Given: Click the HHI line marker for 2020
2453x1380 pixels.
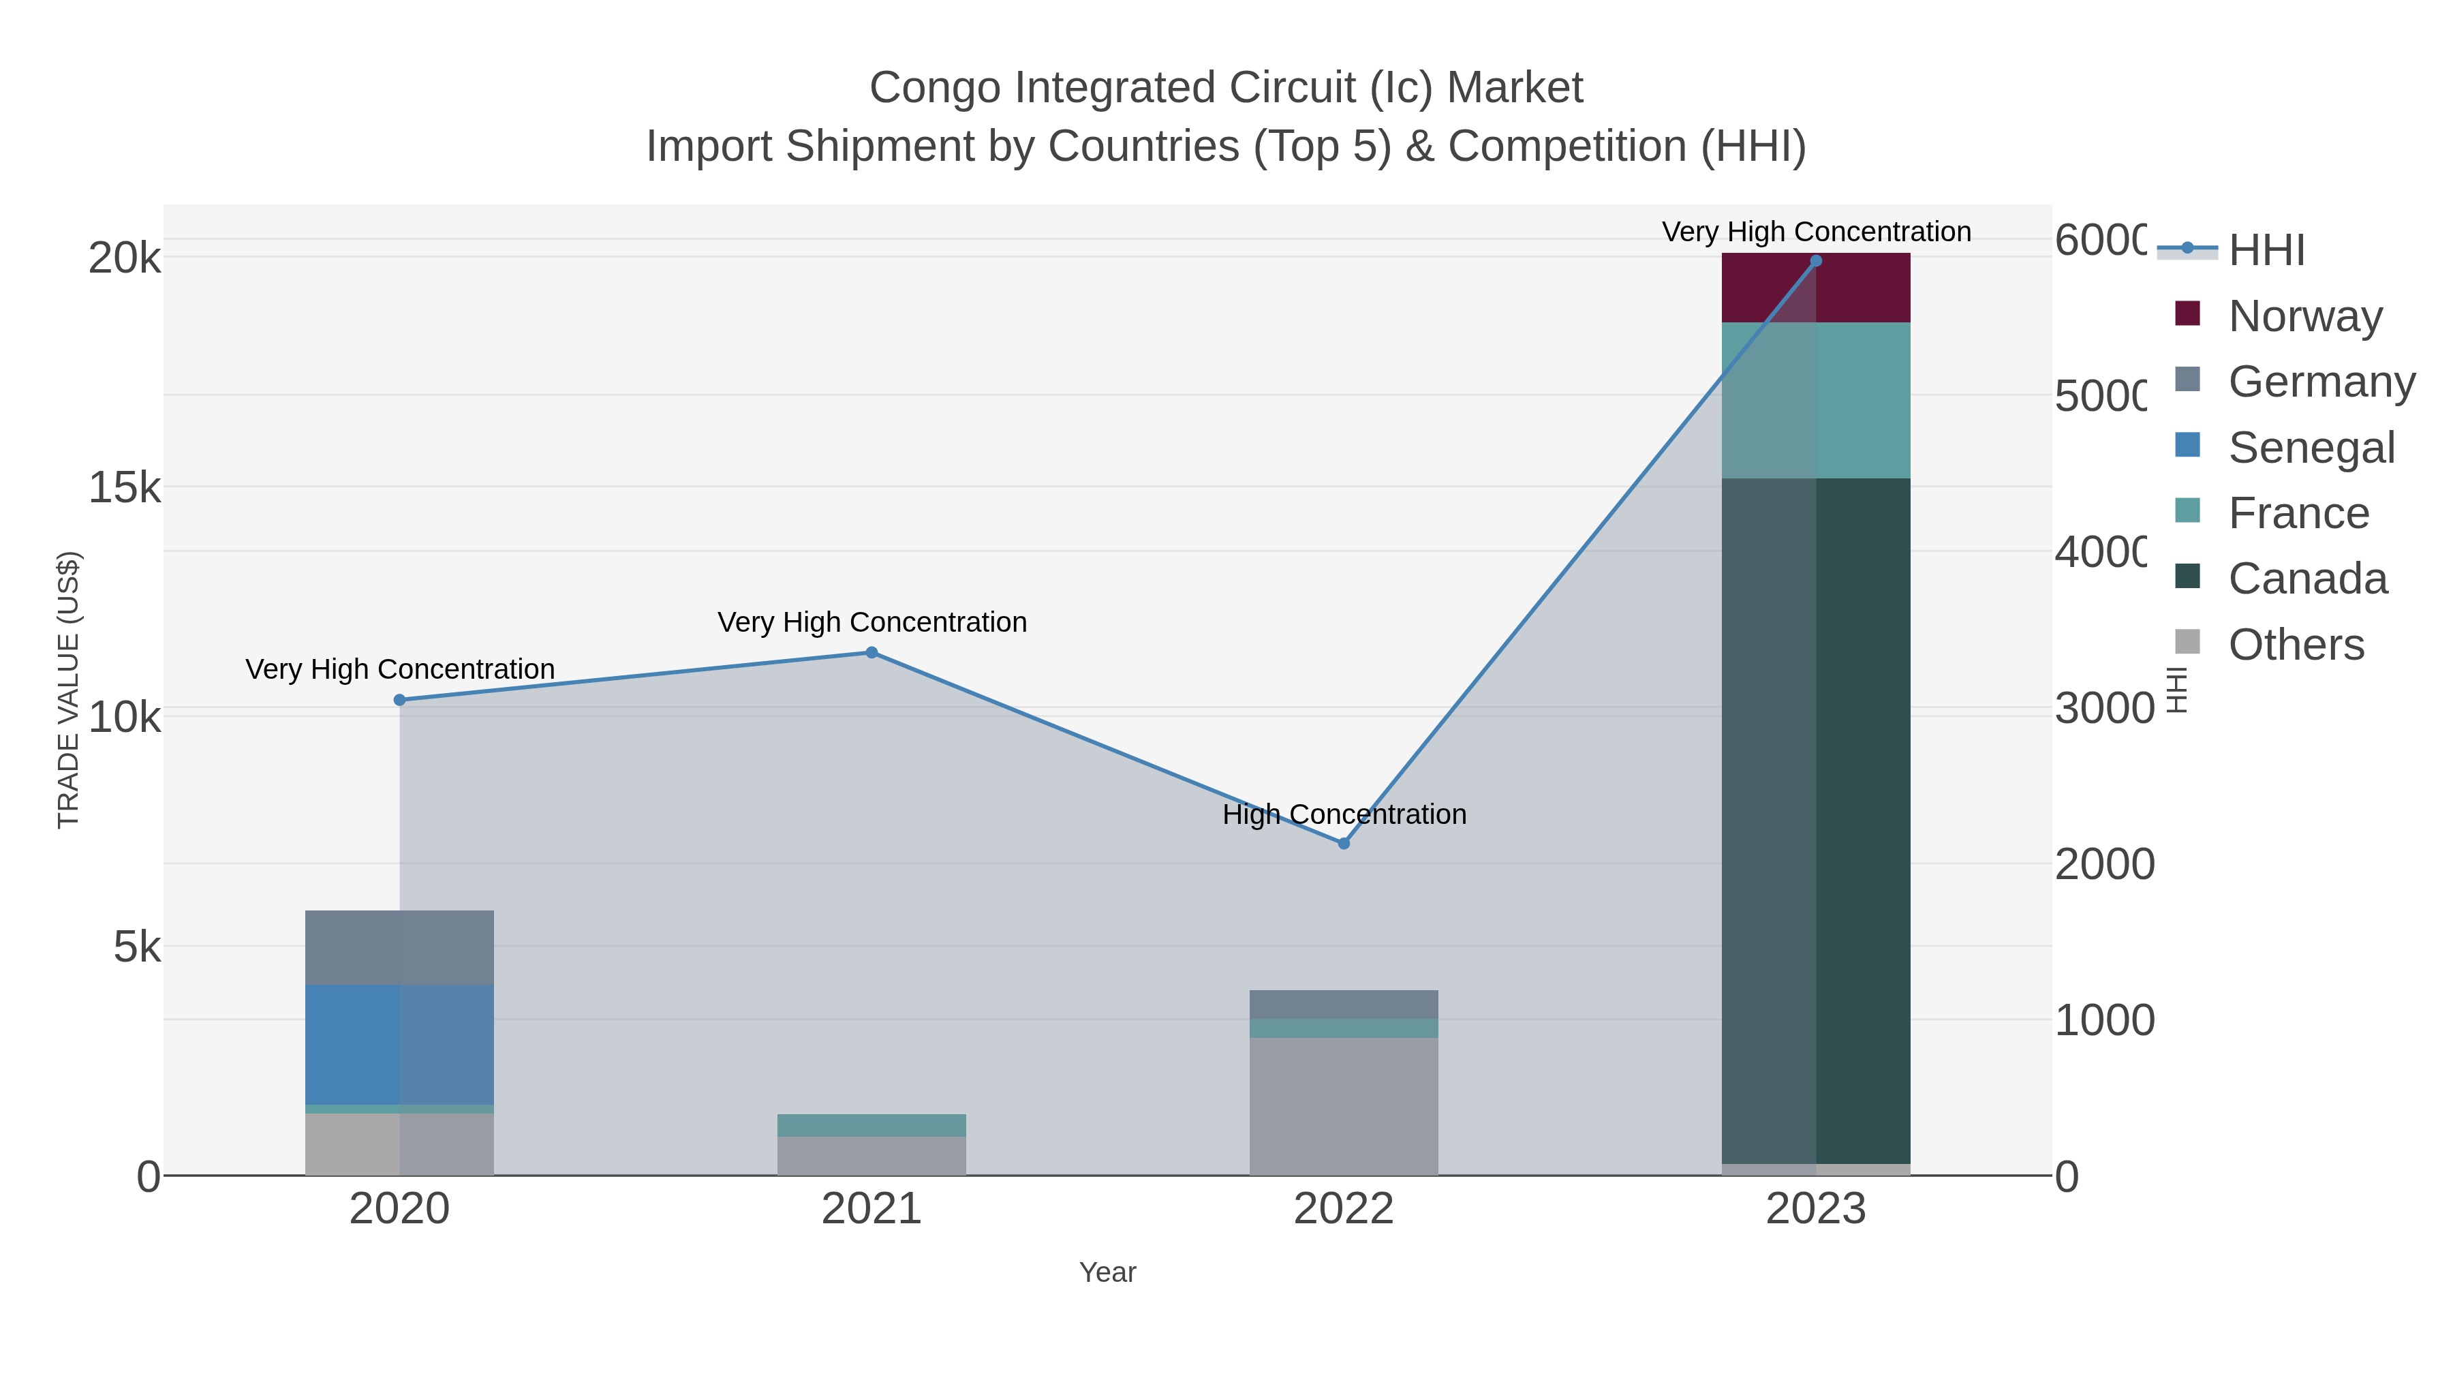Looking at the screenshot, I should [x=399, y=700].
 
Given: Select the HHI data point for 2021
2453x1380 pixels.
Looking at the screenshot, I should [x=871, y=652].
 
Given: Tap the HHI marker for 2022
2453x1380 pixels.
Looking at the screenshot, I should [x=1344, y=843].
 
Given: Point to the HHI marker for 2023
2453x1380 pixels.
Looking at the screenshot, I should [x=1815, y=261].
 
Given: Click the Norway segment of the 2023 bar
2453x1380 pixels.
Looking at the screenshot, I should [x=1815, y=288].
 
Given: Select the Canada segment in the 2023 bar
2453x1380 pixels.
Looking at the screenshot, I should [x=1815, y=819].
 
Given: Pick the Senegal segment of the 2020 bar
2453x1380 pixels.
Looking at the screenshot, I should [x=399, y=1044].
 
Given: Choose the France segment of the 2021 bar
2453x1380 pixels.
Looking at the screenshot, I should [x=871, y=1124].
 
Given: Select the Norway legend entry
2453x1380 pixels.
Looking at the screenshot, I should [x=2304, y=316].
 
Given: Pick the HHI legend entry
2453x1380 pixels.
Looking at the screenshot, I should [x=2266, y=251].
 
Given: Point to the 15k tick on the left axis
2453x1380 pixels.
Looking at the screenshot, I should [x=124, y=488].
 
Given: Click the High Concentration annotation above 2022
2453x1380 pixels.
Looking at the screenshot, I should [x=1344, y=814].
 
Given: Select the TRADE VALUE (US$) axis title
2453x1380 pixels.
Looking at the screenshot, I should [x=69, y=690].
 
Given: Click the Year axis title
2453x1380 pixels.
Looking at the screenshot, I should [x=1107, y=1272].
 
